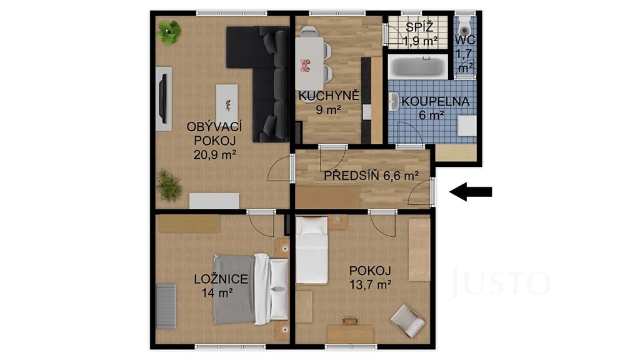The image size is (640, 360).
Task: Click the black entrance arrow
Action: click(471, 191)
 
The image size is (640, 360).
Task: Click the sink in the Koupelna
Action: click(394, 102)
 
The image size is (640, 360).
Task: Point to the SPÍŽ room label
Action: click(419, 27)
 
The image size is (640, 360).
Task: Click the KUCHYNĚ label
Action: click(329, 96)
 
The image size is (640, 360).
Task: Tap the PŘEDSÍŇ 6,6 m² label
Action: click(371, 176)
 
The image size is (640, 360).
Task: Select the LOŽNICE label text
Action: click(221, 279)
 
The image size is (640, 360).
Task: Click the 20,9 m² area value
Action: click(215, 155)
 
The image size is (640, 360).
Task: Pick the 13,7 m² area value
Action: click(371, 284)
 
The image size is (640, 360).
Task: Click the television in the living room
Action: click(163, 99)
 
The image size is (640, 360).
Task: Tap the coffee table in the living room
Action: click(226, 104)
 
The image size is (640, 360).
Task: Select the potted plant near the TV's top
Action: click(169, 32)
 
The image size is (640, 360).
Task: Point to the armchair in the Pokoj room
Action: click(407, 321)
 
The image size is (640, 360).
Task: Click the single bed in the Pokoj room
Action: click(312, 250)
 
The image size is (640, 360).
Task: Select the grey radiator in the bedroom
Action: click(166, 306)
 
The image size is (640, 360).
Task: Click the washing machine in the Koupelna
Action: click(466, 126)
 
